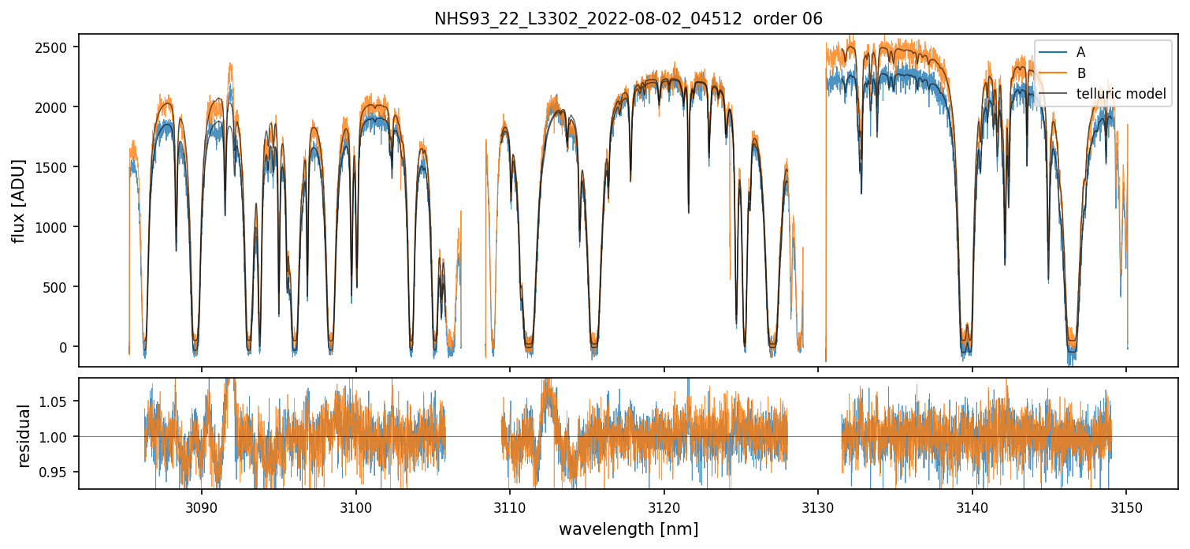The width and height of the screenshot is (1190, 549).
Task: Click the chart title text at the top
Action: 628,19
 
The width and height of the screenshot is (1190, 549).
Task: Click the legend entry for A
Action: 1080,52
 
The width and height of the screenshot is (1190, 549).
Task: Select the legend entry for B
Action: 1080,73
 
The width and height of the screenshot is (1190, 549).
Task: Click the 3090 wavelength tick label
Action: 202,506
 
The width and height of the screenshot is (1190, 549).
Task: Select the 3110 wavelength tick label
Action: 510,506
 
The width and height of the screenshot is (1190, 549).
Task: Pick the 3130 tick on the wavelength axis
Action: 818,506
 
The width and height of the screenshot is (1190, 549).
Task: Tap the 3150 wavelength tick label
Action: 1126,506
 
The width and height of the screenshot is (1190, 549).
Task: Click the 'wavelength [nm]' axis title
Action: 628,529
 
